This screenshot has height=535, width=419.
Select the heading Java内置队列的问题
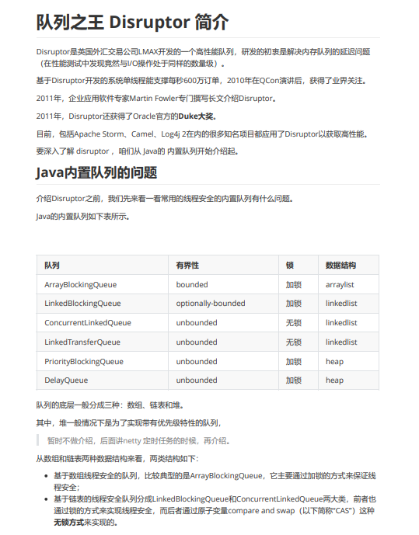click(x=96, y=172)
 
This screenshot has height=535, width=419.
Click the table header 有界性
click(x=187, y=265)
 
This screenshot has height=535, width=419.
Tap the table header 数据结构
click(x=340, y=265)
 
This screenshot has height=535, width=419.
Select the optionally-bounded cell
click(x=210, y=304)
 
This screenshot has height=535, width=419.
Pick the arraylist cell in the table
click(x=340, y=285)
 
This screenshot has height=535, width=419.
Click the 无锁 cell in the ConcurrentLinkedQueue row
click(x=293, y=323)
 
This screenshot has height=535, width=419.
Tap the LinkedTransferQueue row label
click(x=82, y=342)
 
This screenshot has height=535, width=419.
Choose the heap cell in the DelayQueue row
click(x=334, y=380)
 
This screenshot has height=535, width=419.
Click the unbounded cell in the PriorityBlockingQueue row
click(x=196, y=361)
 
